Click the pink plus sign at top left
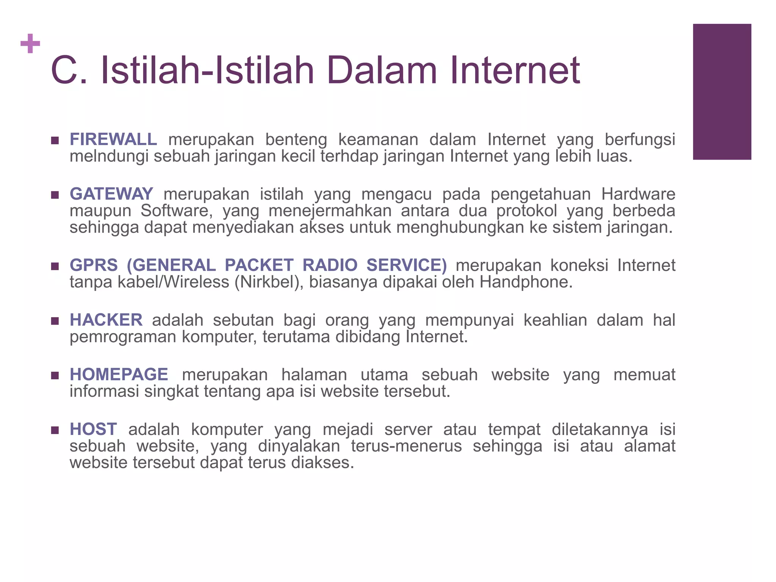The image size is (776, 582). pyautogui.click(x=30, y=44)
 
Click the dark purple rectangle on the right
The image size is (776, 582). pyautogui.click(x=722, y=92)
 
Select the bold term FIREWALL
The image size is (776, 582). pyautogui.click(x=113, y=139)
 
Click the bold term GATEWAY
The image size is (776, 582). pyautogui.click(x=111, y=194)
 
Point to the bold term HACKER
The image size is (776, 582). pyautogui.click(x=106, y=320)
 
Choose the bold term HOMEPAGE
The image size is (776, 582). pyautogui.click(x=119, y=375)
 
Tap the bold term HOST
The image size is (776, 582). pyautogui.click(x=93, y=429)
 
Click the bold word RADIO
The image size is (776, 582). pyautogui.click(x=330, y=265)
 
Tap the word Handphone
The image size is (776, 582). pyautogui.click(x=526, y=282)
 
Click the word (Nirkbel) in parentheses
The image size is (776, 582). pyautogui.click(x=269, y=282)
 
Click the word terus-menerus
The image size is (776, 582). pyautogui.click(x=406, y=446)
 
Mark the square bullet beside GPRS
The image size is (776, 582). pyautogui.click(x=55, y=266)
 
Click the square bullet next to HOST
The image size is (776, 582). pyautogui.click(x=55, y=430)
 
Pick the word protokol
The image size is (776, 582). pyautogui.click(x=527, y=211)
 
